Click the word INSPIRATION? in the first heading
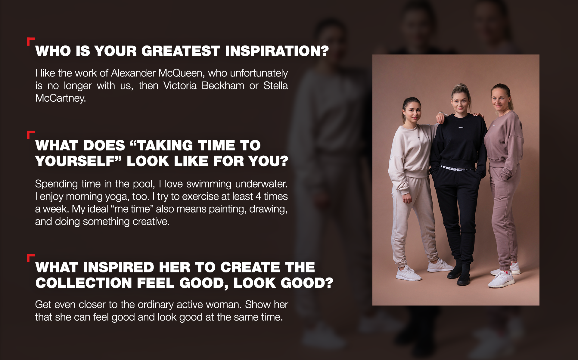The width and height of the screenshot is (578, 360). click(277, 51)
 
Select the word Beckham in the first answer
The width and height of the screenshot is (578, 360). click(223, 86)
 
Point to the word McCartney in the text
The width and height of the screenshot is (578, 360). click(60, 98)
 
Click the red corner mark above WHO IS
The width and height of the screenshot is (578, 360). click(31, 41)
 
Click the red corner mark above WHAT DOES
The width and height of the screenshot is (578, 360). click(31, 134)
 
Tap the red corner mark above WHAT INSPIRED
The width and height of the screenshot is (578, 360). click(31, 257)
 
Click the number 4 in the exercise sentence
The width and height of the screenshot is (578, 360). click(258, 197)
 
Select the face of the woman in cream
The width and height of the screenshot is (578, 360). click(412, 113)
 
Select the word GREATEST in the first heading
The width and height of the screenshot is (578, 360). click(181, 51)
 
